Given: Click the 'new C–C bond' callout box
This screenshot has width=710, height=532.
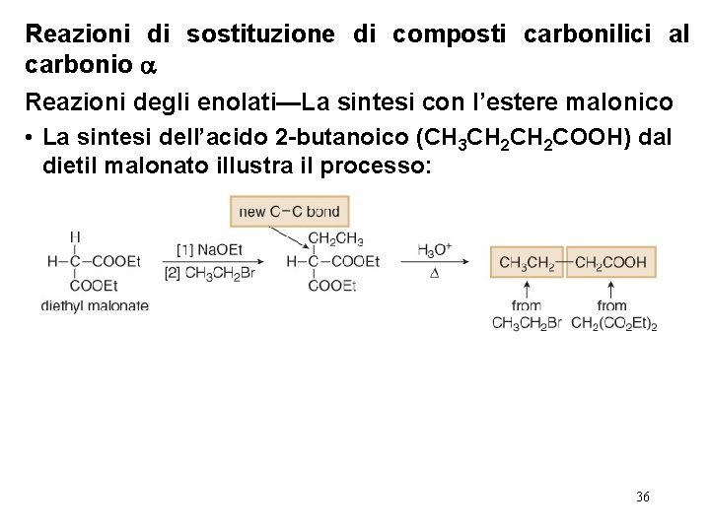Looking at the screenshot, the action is (x=289, y=212).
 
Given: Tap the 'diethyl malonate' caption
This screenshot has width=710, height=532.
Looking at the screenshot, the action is (x=95, y=305).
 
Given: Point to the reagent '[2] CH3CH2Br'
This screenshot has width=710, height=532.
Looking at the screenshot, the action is (x=213, y=273).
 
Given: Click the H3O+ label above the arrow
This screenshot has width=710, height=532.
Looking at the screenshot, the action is (x=434, y=249).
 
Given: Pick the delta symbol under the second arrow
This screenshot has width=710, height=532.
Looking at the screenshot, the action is (x=434, y=273).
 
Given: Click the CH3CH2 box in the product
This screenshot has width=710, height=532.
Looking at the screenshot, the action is (x=527, y=262).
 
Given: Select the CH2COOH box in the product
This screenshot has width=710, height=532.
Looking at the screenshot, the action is (x=610, y=262).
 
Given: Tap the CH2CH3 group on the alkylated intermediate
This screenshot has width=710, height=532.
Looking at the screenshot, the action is (x=335, y=237).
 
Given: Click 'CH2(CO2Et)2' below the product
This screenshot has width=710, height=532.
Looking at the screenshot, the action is (x=613, y=324).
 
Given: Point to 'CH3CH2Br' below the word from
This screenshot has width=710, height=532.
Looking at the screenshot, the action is (x=526, y=324).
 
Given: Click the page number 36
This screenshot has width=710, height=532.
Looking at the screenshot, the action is (x=643, y=497).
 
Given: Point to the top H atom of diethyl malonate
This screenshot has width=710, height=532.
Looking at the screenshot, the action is (x=75, y=236).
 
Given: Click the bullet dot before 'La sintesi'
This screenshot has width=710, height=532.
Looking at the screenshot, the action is (x=32, y=138).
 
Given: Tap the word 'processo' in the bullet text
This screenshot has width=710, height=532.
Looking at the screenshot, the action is (x=379, y=166).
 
